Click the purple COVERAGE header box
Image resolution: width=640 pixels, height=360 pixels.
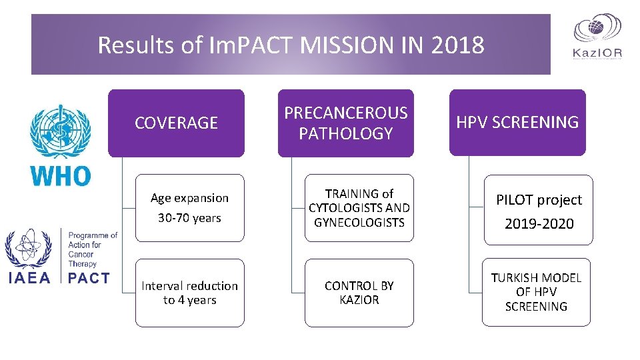tap(176, 123)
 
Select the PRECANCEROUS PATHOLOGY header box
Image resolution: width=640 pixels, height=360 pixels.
tap(345, 123)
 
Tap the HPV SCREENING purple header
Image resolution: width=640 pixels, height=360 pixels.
tap(517, 122)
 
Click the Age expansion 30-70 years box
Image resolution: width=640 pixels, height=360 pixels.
tap(189, 207)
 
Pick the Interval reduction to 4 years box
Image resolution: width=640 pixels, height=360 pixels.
tap(189, 293)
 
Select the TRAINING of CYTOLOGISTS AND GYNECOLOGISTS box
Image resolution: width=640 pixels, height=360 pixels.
tap(359, 207)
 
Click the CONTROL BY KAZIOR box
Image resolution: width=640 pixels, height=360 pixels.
tap(359, 293)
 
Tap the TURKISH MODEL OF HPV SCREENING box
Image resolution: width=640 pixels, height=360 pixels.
tap(536, 292)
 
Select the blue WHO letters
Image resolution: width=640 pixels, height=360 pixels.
tap(61, 176)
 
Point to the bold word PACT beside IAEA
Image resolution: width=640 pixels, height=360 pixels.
tap(89, 278)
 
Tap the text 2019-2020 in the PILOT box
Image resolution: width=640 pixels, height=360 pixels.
tap(539, 224)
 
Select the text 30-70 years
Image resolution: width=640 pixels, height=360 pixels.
tap(189, 218)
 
